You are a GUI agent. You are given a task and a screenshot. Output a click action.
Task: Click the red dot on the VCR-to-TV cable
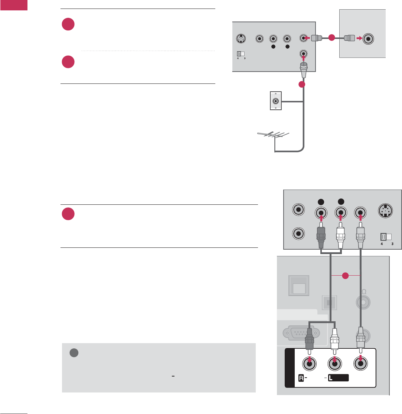point(331,37)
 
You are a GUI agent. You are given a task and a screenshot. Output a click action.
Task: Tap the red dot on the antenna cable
point(302,85)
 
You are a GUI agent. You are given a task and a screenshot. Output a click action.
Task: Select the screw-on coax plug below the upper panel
point(304,68)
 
